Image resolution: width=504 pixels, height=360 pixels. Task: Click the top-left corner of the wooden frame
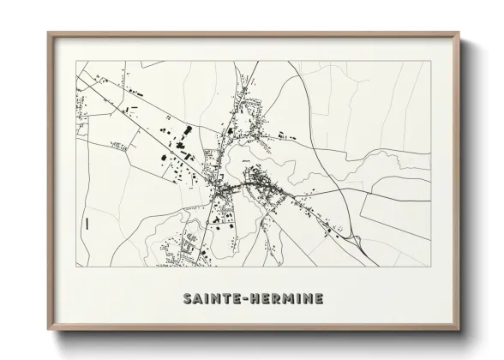(x=48, y=33)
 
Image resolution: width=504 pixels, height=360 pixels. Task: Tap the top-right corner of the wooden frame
(x=458, y=33)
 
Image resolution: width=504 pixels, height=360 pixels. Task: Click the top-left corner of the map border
(x=76, y=63)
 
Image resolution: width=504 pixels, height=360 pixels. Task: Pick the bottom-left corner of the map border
(x=76, y=267)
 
